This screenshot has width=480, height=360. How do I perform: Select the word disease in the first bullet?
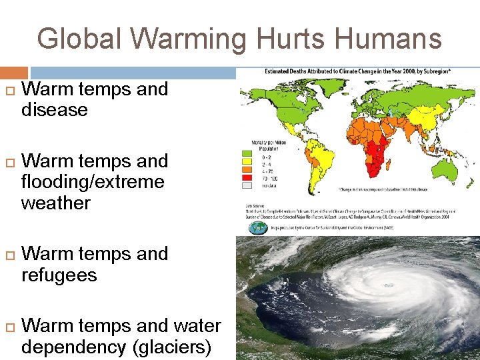pos(55,110)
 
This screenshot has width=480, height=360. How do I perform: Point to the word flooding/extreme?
pos(93,182)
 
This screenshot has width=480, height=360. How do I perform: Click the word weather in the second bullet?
pos(55,203)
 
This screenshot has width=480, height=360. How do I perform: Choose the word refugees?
pos(59,275)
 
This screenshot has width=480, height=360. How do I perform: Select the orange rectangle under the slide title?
pos(14,72)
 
